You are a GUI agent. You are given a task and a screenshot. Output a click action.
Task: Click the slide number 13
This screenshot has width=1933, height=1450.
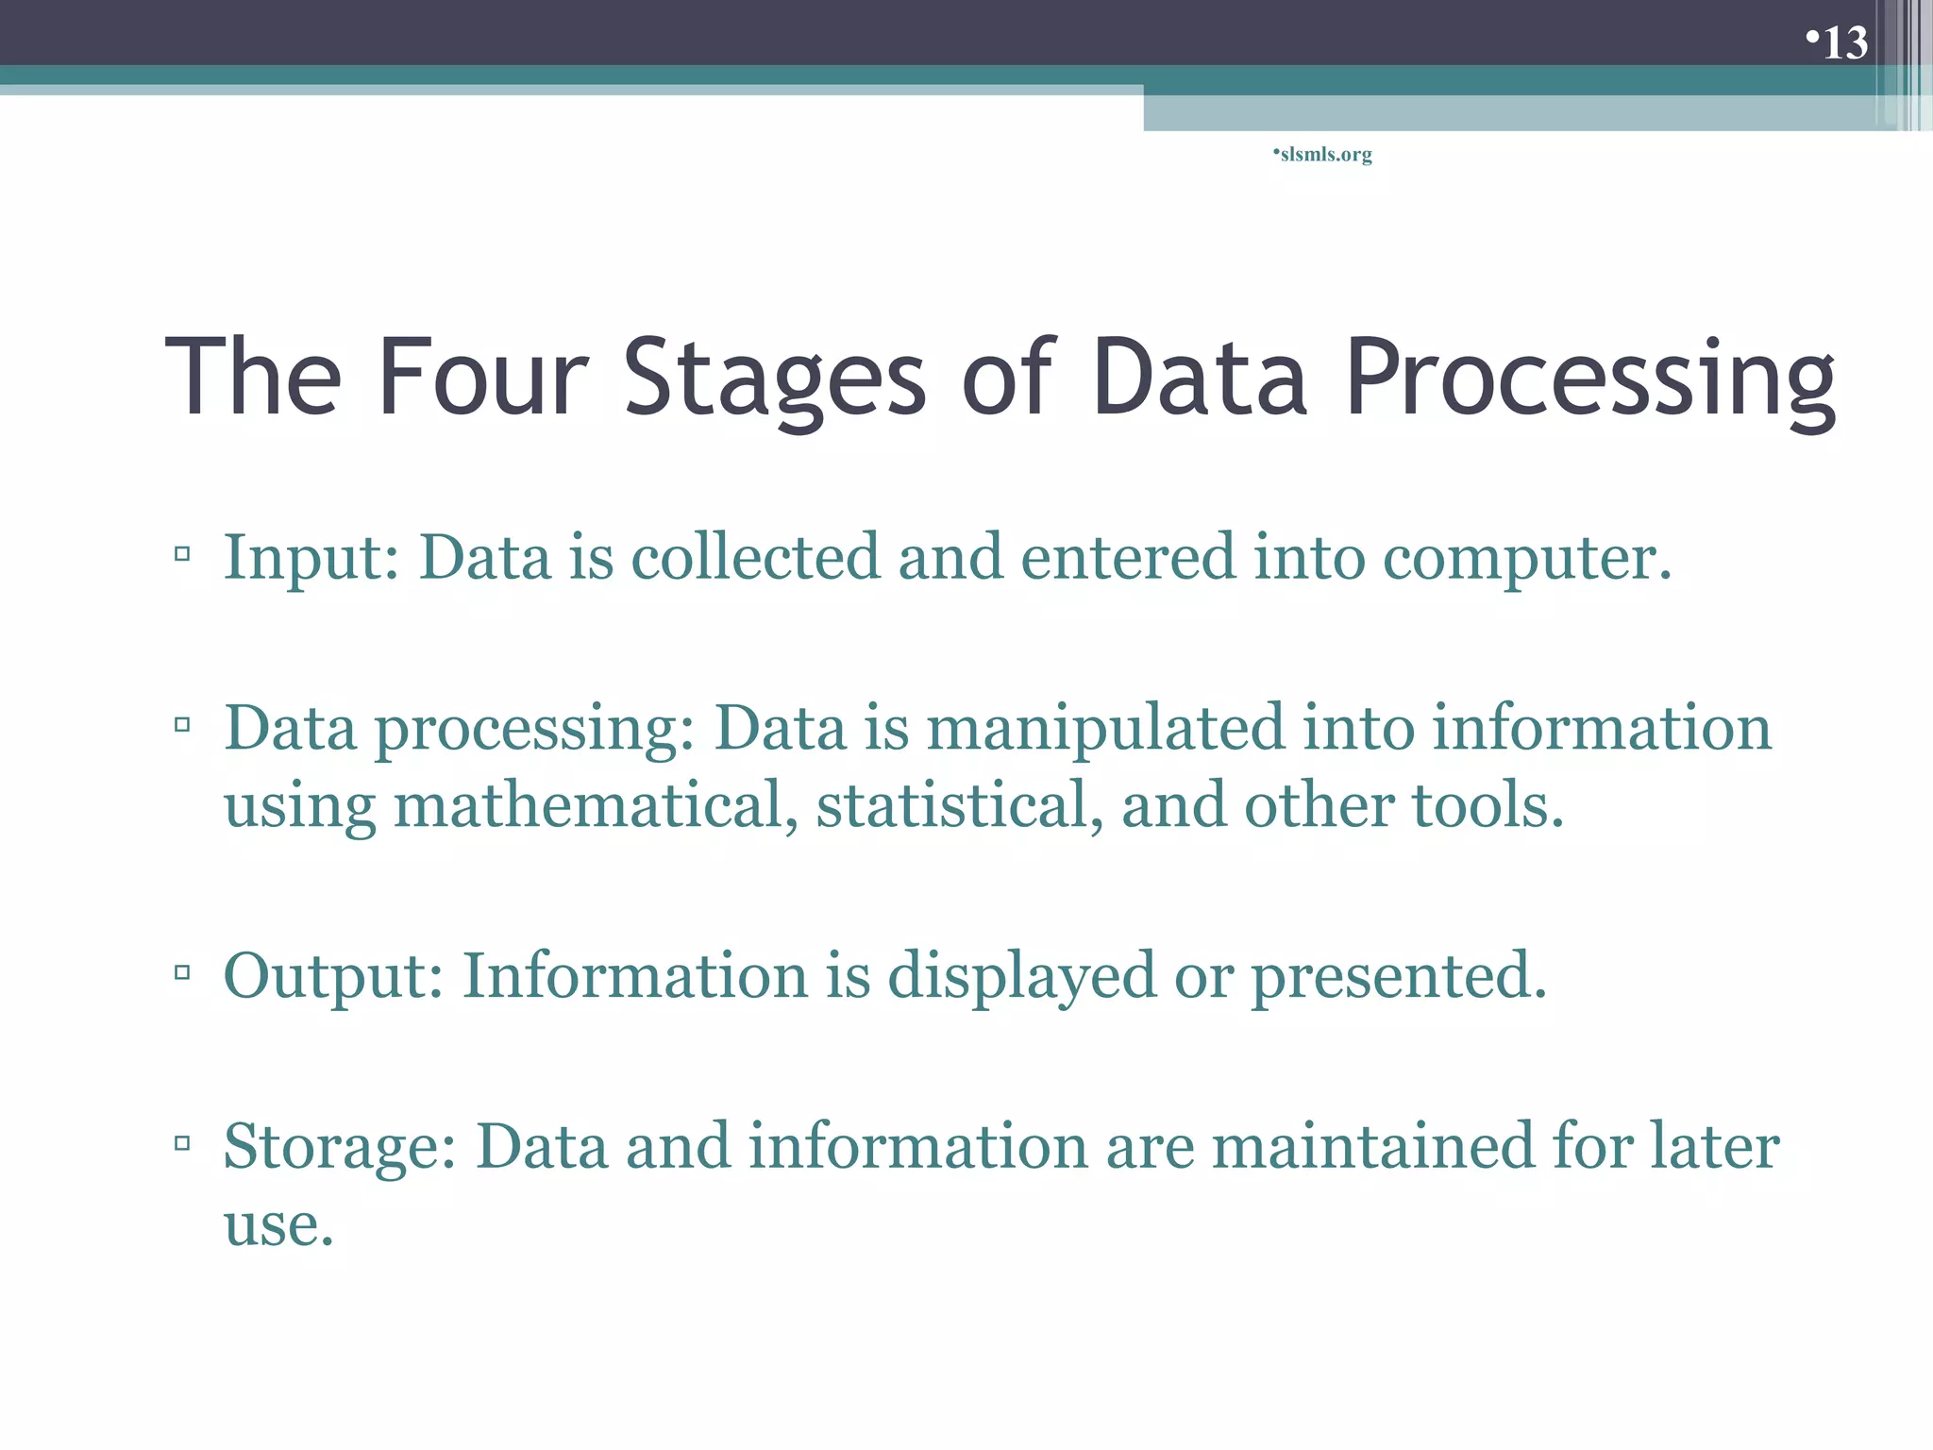[1844, 42]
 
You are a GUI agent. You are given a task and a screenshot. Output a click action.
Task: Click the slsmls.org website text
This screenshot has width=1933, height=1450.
[1325, 154]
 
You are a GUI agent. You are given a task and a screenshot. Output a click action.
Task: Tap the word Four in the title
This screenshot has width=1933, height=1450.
[483, 377]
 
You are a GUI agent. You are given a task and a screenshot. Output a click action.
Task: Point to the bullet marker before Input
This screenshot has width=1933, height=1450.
[182, 553]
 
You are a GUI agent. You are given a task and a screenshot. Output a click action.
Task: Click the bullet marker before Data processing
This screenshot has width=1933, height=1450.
[182, 725]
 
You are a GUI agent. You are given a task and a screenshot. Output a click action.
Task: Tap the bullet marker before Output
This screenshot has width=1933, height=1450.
[182, 971]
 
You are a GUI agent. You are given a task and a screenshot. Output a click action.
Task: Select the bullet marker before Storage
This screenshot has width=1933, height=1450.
[182, 1143]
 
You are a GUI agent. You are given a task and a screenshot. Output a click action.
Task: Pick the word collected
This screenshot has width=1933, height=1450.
[755, 556]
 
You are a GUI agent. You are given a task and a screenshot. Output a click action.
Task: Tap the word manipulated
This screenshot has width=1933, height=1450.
[1105, 729]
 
